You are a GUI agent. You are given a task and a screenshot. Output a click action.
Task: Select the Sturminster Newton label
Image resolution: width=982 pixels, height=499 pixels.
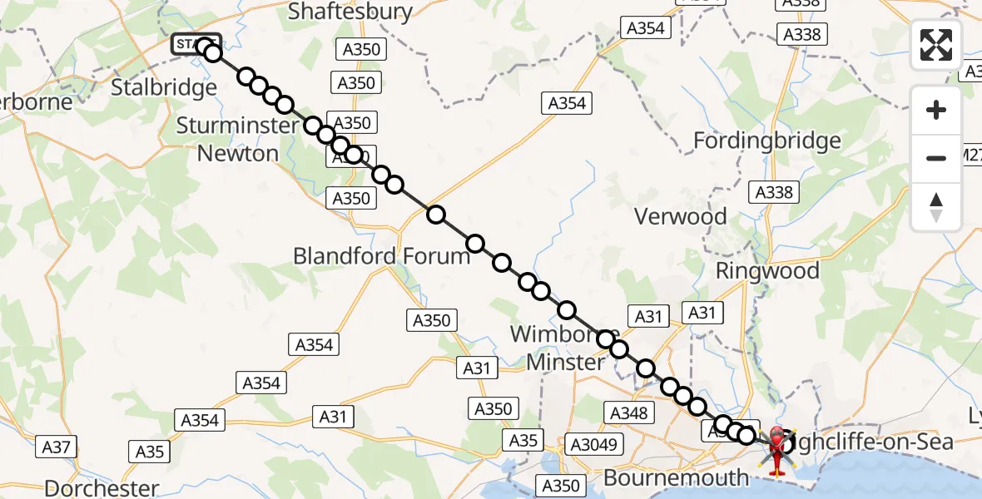coord(238,140)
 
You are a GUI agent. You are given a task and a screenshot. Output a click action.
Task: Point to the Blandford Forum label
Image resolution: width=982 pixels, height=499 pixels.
coord(382,255)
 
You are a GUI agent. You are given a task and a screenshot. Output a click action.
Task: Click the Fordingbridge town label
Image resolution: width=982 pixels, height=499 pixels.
coord(767,141)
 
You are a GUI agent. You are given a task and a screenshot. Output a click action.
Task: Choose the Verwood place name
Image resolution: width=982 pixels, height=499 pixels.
coord(680,216)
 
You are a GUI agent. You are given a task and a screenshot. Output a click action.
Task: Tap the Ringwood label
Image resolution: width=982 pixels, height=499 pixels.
coord(767,270)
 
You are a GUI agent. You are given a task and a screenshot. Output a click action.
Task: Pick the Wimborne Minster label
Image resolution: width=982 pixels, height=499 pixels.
coord(558,348)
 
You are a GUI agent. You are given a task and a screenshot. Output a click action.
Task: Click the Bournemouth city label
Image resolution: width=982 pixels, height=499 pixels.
coord(676,477)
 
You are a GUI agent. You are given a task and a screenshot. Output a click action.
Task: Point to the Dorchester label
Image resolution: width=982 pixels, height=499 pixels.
coord(102,488)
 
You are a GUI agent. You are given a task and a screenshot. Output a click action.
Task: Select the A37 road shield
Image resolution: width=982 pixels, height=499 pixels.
coord(57,447)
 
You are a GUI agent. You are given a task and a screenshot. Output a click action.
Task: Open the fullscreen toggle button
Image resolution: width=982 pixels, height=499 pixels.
coord(936,45)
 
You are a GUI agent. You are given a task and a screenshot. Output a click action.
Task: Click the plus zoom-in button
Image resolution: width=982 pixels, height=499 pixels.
coord(936,110)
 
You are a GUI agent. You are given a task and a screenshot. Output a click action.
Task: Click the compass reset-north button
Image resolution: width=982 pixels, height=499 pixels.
coord(936,206)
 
